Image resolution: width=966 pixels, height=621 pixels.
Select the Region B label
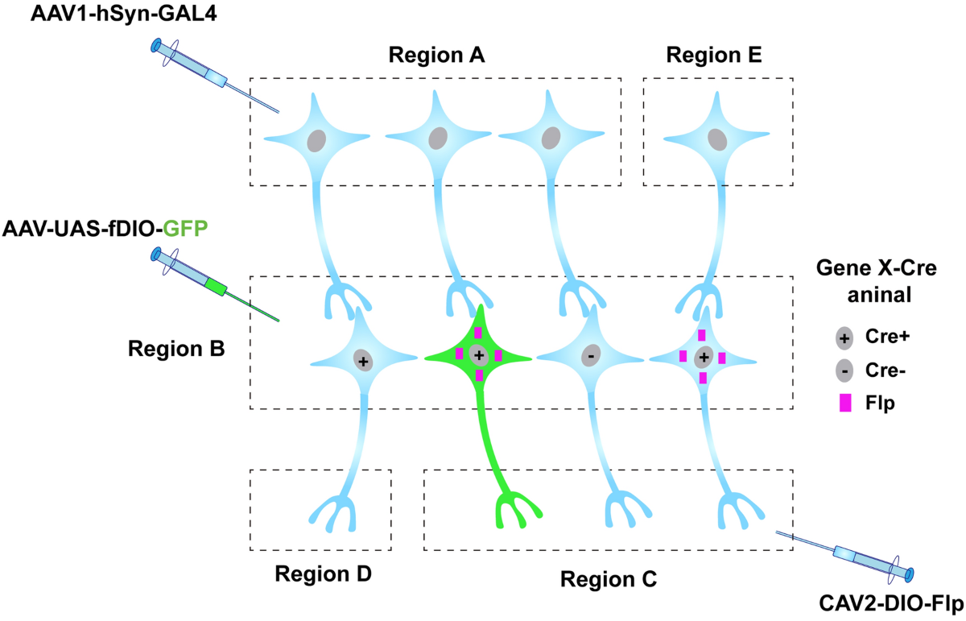point(175,350)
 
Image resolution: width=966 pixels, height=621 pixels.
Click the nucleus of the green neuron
point(479,354)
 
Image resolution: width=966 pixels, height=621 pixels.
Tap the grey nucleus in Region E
point(717,139)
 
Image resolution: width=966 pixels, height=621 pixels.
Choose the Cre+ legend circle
point(844,337)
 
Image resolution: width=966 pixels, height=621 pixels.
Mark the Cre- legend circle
point(844,371)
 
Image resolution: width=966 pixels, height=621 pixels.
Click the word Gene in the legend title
point(837,269)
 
